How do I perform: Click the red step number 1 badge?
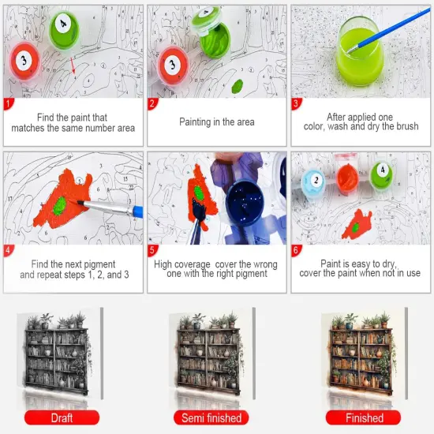(x=8, y=103)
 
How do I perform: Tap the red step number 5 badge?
(x=152, y=250)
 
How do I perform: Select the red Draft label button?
(x=62, y=417)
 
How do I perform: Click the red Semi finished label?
(x=211, y=417)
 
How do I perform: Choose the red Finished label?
(x=363, y=417)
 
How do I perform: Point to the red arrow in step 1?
(x=73, y=65)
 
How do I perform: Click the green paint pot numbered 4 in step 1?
(x=64, y=30)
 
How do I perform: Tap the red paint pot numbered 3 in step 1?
(x=24, y=62)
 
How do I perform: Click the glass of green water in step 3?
(x=360, y=51)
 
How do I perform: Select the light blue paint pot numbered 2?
(x=313, y=182)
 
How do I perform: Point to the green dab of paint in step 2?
(x=237, y=86)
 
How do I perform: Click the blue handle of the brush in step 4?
(x=138, y=211)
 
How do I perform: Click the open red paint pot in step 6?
(x=347, y=178)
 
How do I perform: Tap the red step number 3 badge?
(x=296, y=103)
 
